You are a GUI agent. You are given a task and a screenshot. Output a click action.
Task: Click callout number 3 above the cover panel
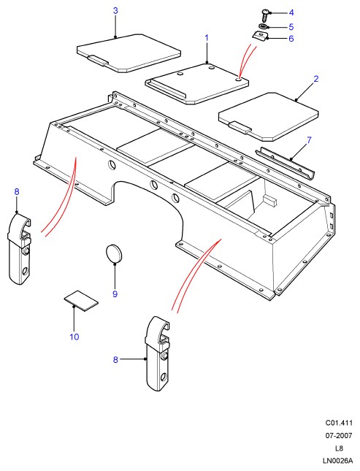115,11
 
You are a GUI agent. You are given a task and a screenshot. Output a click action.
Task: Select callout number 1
207,38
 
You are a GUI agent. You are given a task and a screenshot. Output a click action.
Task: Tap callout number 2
316,79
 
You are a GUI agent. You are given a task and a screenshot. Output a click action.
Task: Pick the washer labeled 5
263,27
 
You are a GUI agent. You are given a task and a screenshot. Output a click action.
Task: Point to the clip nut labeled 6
259,37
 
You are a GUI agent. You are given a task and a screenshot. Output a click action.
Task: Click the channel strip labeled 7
284,163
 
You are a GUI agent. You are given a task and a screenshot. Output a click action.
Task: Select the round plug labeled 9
114,253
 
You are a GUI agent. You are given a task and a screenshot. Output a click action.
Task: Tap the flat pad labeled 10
81,301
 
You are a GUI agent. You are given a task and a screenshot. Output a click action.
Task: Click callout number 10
74,337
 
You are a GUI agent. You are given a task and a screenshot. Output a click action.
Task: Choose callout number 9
115,294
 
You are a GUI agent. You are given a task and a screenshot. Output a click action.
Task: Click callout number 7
309,140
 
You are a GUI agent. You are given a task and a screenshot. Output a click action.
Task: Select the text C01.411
339,423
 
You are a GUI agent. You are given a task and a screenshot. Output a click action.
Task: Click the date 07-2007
339,435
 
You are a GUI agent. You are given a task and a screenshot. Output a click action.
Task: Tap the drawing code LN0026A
337,461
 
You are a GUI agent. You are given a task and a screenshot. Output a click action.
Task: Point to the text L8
339,448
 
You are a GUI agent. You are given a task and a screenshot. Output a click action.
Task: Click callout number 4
291,12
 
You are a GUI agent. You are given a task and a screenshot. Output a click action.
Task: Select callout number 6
291,39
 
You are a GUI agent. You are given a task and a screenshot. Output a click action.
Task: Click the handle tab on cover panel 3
98,61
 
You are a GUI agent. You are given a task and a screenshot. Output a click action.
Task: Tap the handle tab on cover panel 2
240,128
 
